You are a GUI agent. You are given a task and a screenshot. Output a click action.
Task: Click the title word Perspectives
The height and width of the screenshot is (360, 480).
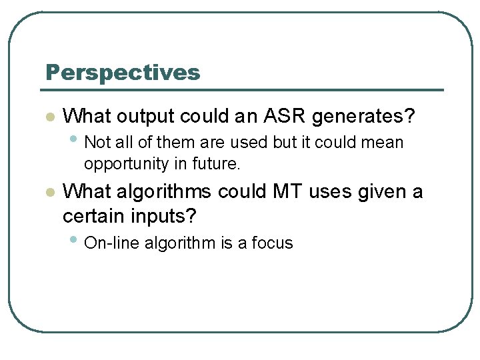tap(123, 73)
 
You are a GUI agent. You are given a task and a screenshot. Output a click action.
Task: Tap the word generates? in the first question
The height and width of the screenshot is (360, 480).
tap(363, 117)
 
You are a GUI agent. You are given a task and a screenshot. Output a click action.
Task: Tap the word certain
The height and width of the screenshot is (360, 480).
tap(93, 216)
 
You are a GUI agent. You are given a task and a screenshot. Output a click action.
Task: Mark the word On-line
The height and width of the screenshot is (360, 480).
tap(109, 243)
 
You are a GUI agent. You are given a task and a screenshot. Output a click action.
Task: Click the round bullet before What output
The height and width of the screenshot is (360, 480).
tap(49, 117)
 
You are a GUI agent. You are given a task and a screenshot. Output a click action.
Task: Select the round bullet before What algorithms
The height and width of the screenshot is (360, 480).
tap(49, 193)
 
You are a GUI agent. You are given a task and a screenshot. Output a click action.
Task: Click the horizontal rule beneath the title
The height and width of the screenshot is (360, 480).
tap(244, 90)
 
